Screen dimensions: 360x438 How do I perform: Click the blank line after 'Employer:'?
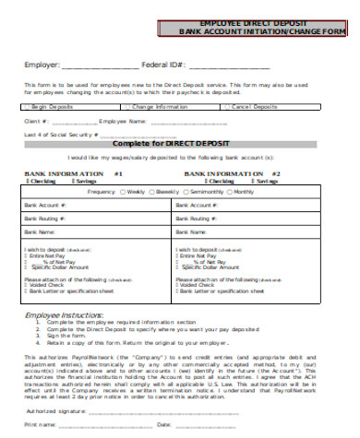(x=101, y=66)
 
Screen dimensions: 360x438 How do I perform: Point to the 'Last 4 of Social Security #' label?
(x=61, y=135)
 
